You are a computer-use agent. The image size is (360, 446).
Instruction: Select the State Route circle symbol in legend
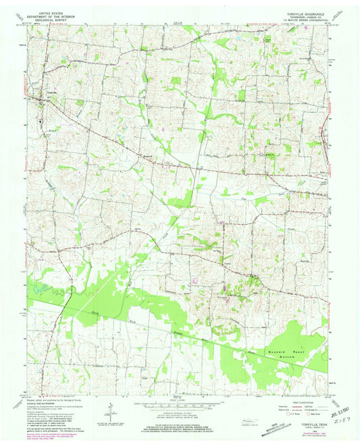click(x=311, y=414)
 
